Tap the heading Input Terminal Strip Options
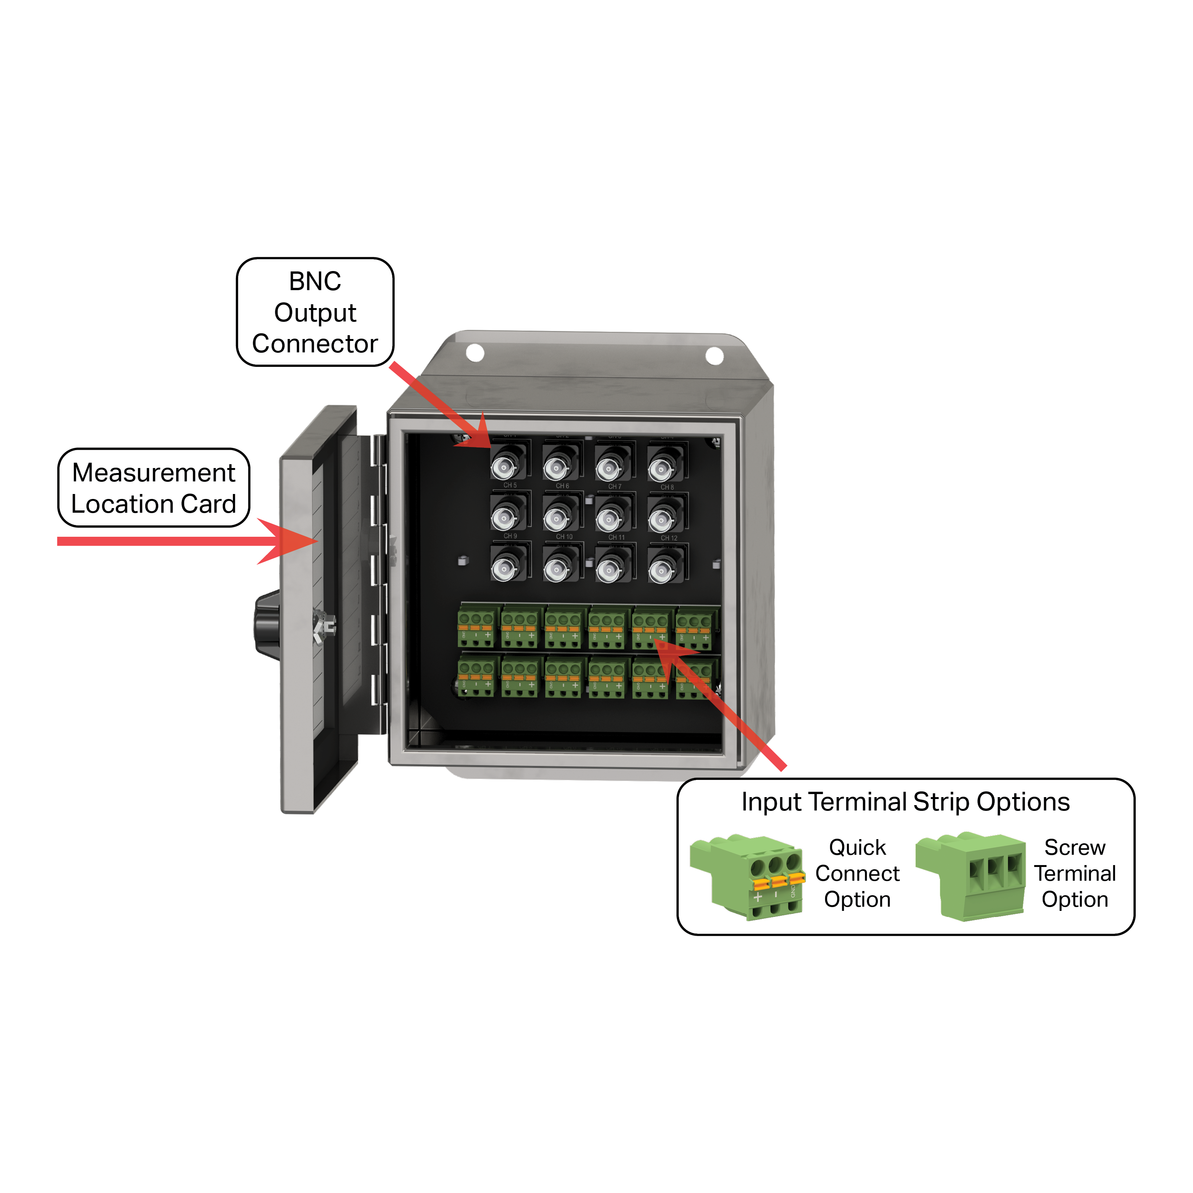tap(905, 802)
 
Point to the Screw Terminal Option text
tap(1074, 873)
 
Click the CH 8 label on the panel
tap(667, 487)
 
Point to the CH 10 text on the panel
tap(564, 537)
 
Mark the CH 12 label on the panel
tap(669, 538)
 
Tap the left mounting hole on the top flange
tap(474, 353)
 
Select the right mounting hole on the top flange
tap(714, 356)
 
